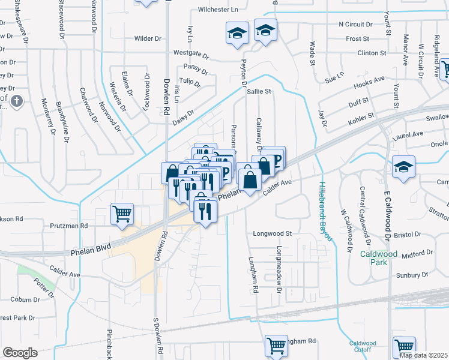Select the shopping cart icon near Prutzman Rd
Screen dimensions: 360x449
(122, 214)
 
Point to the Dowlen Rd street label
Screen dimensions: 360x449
(166, 98)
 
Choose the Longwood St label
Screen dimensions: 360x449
(271, 233)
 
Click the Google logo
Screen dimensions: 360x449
(20, 353)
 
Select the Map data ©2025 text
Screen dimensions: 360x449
(423, 355)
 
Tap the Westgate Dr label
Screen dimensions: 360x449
(190, 54)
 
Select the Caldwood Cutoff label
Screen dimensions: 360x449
(363, 347)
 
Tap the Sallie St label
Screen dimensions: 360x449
(259, 92)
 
